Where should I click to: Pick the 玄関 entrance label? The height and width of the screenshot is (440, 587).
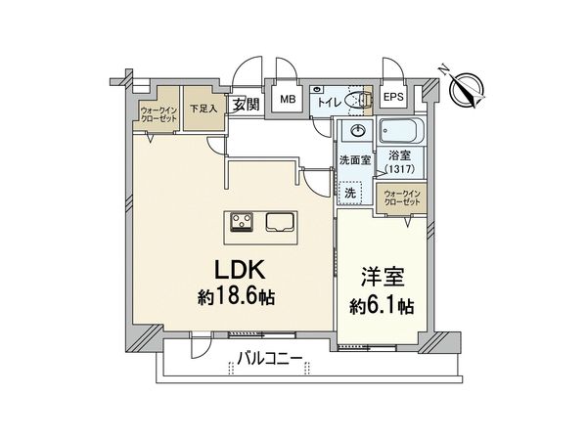point(246,105)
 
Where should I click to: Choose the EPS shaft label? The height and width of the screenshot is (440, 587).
point(394,98)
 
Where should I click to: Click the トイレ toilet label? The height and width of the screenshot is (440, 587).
point(327,100)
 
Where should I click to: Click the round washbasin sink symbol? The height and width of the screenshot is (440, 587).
point(356,132)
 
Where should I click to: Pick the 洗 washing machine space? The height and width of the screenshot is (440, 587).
point(349,194)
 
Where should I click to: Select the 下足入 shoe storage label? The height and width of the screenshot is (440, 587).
point(203,109)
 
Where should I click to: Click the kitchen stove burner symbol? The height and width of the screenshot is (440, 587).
point(243,222)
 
